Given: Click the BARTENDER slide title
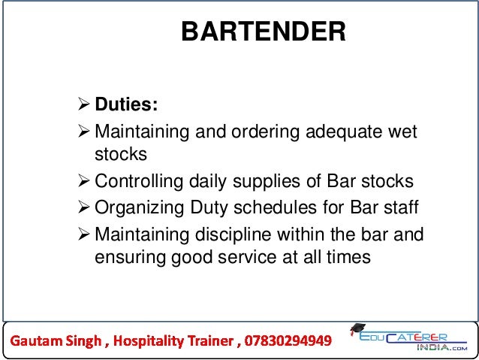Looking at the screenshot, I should pos(264,32).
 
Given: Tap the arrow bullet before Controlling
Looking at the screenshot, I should pos(83,183).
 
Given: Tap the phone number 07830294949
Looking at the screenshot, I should pos(286,342).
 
